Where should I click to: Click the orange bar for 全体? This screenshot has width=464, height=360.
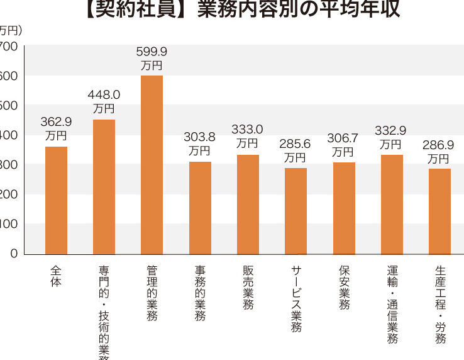click(56, 200)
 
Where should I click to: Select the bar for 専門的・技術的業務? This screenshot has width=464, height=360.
click(104, 187)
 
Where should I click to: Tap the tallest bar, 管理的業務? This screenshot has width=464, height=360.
click(152, 165)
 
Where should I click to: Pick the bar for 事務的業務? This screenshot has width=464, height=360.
click(200, 208)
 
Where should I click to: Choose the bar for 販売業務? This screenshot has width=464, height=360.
click(248, 204)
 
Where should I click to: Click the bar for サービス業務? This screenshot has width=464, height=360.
click(296, 211)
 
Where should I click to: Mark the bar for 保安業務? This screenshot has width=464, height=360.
click(344, 208)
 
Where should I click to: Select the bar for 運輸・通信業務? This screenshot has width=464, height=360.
click(392, 204)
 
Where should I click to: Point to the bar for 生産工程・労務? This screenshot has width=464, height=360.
click(439, 211)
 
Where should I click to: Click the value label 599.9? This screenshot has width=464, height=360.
click(152, 52)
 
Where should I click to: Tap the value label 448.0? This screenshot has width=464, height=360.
click(104, 95)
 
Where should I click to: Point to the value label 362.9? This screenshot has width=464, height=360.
click(56, 121)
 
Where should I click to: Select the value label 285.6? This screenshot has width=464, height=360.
click(296, 143)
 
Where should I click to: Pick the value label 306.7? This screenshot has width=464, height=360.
click(344, 138)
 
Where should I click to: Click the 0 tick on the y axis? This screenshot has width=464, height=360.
click(13, 254)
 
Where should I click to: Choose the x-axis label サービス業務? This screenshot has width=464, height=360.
click(296, 298)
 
